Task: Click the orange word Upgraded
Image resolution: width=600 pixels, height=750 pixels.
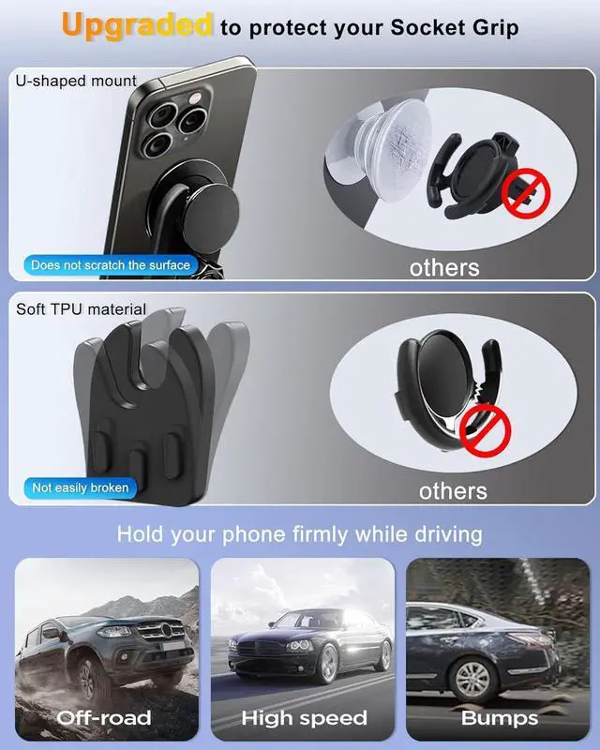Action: click(137, 25)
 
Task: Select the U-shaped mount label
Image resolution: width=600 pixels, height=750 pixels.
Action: click(76, 81)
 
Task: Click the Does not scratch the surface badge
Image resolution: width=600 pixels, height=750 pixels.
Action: click(110, 265)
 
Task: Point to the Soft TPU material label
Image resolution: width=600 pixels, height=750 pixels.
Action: click(82, 308)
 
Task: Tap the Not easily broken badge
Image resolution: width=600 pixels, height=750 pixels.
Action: click(81, 487)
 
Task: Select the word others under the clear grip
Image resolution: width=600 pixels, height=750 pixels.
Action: click(443, 267)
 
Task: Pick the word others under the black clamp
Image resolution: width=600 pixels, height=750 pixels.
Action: click(453, 490)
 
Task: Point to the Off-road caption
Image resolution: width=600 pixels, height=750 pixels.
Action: click(103, 718)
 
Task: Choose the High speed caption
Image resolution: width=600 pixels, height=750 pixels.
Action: click(304, 718)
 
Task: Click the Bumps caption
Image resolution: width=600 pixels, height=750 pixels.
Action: click(500, 718)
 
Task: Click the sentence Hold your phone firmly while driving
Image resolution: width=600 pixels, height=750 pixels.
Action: click(299, 535)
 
